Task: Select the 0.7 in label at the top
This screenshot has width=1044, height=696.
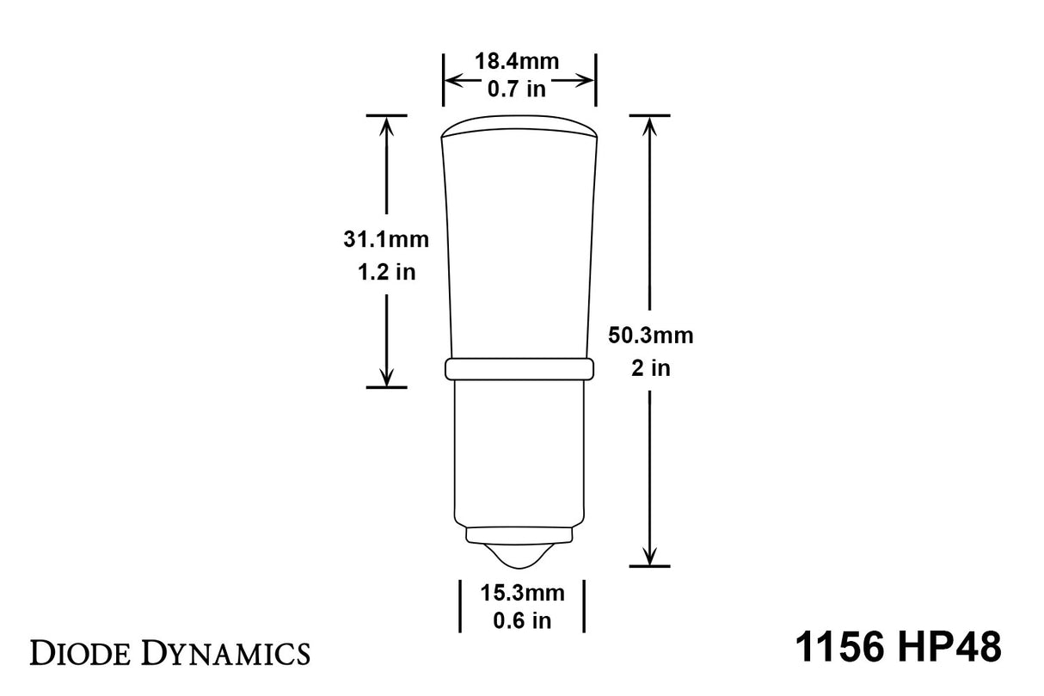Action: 517,88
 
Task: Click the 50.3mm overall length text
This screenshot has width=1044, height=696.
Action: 650,336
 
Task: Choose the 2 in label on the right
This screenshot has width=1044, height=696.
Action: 650,368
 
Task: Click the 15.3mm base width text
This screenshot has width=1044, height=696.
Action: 522,593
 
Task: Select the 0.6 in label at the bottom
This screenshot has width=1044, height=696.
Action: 522,619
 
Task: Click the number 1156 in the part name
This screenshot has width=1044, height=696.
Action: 837,648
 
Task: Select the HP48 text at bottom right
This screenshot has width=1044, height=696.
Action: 951,648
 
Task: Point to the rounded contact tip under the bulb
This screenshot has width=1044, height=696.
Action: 519,556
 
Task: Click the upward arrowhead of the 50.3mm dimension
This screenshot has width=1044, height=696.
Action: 650,125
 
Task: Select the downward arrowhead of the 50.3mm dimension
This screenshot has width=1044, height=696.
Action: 650,555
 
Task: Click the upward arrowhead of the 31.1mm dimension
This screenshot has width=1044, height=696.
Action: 386,125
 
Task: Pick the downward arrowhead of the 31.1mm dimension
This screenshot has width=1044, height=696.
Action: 386,377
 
